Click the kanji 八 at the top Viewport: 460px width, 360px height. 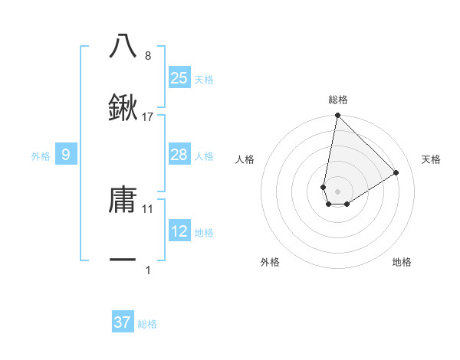click(123, 46)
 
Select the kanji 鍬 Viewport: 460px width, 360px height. click(123, 107)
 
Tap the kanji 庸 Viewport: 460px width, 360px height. click(123, 200)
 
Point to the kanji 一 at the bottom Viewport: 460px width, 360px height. click(123, 260)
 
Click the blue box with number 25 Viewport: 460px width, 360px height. click(179, 78)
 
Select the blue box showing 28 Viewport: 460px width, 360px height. click(179, 155)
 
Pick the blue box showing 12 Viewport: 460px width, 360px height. click(179, 231)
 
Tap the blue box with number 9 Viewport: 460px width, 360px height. click(66, 155)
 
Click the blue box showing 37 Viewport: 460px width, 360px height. click(123, 322)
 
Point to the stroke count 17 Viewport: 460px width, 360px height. click(148, 117)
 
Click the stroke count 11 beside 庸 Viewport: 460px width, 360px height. click(148, 208)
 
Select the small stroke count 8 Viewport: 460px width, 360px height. click(148, 56)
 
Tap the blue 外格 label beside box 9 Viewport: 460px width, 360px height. click(41, 155)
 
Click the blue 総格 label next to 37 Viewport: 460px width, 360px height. click(147, 324)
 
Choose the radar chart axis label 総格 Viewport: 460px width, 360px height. click(338, 100)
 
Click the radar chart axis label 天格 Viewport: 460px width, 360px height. click(432, 159)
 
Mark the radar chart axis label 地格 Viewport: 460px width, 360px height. click(402, 262)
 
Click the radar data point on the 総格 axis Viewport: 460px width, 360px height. click(337, 116)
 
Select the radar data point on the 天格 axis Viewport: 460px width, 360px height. click(396, 172)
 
